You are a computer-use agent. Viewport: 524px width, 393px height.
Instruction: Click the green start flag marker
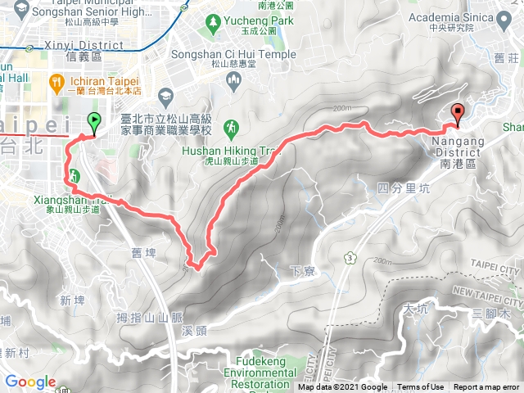click(x=94, y=124)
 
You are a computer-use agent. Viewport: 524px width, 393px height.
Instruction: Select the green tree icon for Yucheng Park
click(x=213, y=19)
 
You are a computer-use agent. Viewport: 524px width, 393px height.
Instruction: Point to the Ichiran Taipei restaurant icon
click(x=56, y=82)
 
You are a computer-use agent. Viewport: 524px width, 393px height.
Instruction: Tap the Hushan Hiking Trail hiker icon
click(x=232, y=126)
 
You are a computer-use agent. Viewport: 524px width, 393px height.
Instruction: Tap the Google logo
click(x=30, y=382)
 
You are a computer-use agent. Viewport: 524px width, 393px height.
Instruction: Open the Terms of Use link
click(x=421, y=387)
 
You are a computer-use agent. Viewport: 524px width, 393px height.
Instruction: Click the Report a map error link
click(x=487, y=387)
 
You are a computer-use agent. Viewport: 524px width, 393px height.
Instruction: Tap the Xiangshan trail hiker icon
click(x=75, y=175)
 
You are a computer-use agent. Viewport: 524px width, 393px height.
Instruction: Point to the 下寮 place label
click(x=302, y=269)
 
